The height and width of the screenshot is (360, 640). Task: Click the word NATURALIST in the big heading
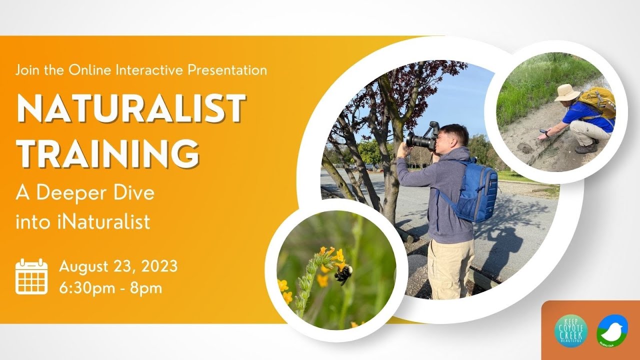(x=131, y=108)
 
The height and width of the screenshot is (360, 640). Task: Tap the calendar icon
(x=31, y=276)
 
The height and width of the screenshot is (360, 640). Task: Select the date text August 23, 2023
(x=118, y=266)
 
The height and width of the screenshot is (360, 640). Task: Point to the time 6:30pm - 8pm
(x=110, y=288)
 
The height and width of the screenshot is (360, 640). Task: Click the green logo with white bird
(x=612, y=330)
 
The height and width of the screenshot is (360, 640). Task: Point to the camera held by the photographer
(x=422, y=137)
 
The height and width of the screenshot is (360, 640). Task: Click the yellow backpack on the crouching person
(x=599, y=102)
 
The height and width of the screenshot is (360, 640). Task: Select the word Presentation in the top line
(x=227, y=70)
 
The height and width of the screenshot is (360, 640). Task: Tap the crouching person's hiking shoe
(x=585, y=148)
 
